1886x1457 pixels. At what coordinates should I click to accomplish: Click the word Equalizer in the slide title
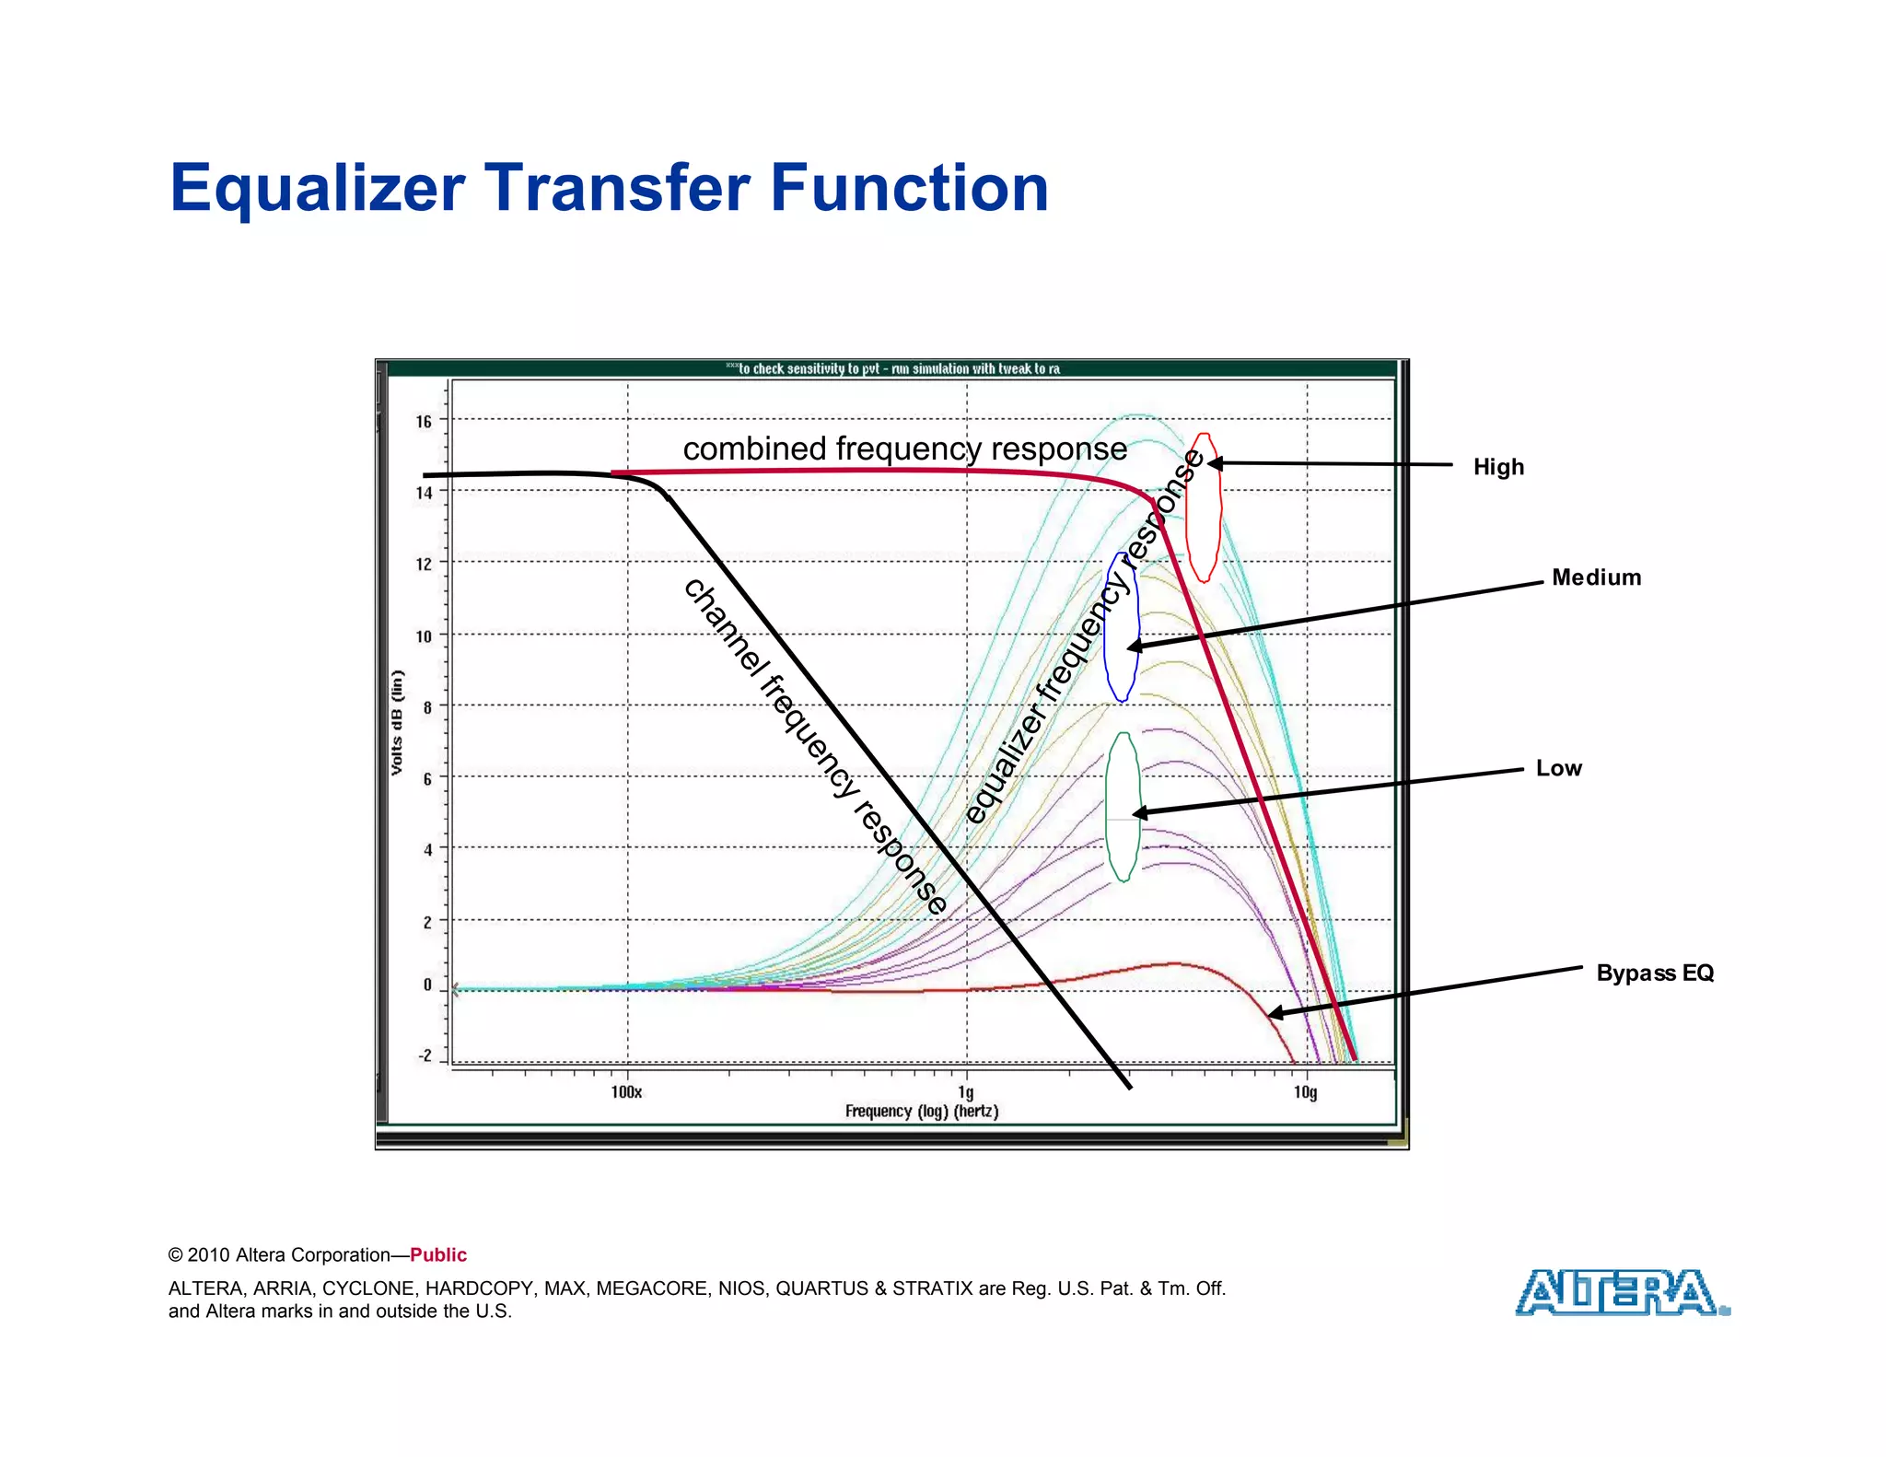coord(318,188)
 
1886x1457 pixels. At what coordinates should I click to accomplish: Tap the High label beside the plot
coord(1498,467)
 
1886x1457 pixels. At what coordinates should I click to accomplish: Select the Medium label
coord(1596,577)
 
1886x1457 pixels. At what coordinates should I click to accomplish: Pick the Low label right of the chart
coord(1558,768)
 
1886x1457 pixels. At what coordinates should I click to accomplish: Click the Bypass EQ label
coord(1655,973)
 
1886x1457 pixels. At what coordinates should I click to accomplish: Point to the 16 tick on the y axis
coord(423,422)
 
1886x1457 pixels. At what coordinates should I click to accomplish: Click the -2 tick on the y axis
coord(425,1055)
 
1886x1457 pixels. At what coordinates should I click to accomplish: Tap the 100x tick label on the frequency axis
coord(626,1092)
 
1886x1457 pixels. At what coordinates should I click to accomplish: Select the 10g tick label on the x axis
coord(1305,1092)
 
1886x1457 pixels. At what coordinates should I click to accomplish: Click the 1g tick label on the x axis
coord(965,1092)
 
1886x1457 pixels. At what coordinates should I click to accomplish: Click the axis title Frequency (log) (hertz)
coord(921,1112)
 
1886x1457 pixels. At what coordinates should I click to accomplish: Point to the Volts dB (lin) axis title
coord(397,722)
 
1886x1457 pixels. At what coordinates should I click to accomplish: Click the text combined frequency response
coord(904,449)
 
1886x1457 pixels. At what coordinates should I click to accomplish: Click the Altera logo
coord(1621,1292)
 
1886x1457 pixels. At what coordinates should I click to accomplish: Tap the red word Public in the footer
coord(438,1254)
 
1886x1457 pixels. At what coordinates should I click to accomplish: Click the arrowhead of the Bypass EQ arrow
coord(1275,1013)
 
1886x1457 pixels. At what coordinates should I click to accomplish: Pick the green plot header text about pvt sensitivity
coord(891,368)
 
